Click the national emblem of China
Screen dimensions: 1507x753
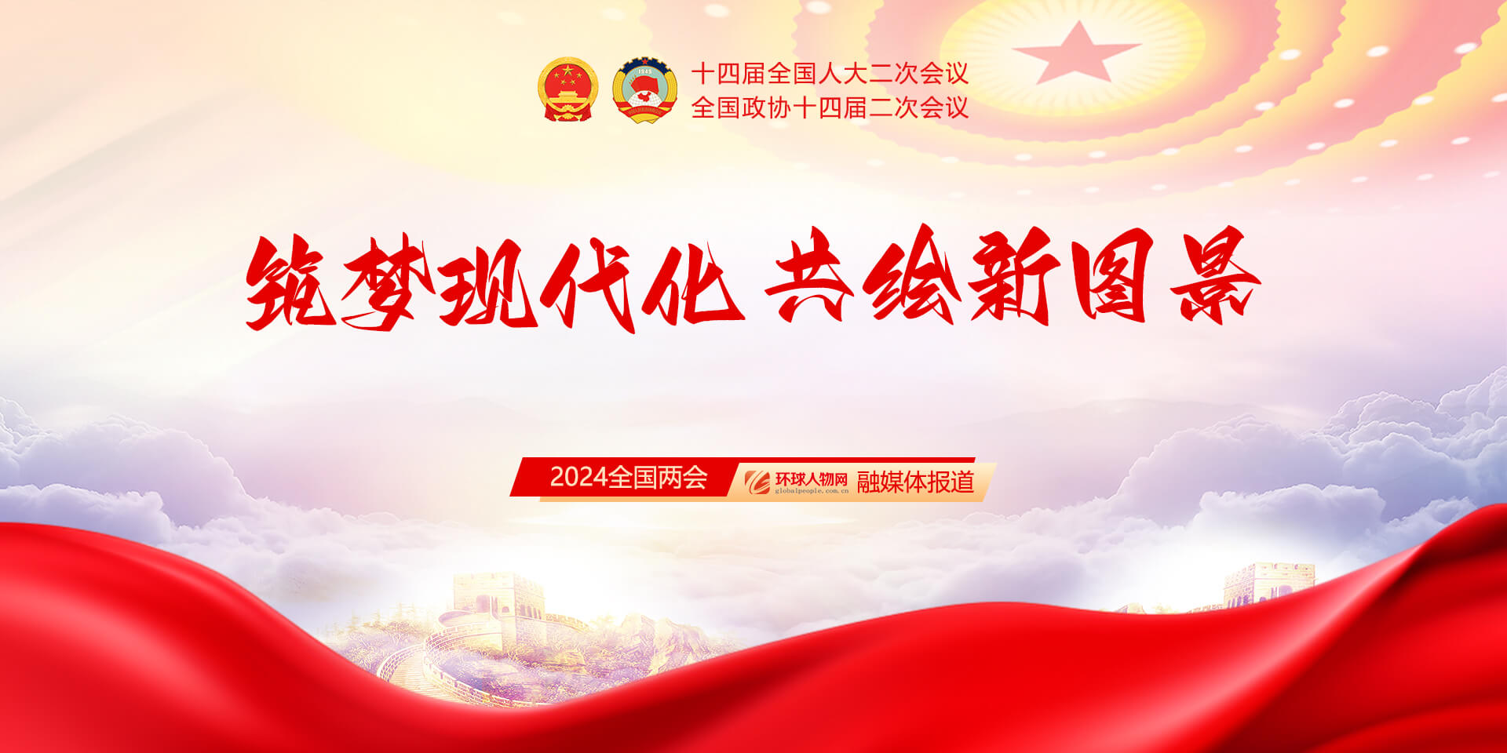pos(567,89)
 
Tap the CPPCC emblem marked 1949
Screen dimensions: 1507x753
pos(644,89)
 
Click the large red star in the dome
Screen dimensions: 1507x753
pos(1075,53)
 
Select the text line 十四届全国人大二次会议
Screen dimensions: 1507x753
pos(830,74)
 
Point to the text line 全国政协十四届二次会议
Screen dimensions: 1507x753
pos(830,107)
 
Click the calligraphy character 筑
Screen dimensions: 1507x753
pos(290,282)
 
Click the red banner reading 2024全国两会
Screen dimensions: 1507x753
pos(625,477)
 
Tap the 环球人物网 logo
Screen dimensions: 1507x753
pos(797,482)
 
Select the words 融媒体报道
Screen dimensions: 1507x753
pos(915,482)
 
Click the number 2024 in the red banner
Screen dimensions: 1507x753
pos(579,477)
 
